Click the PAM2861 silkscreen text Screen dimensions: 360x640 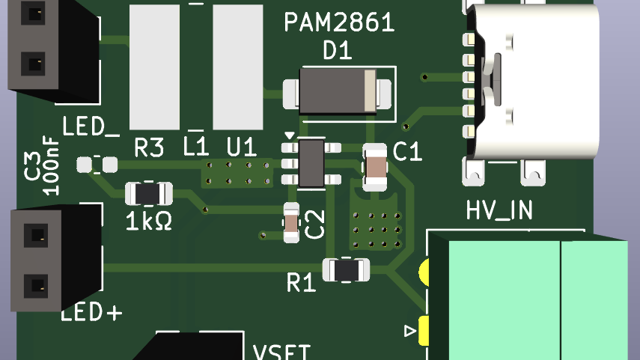coord(339,24)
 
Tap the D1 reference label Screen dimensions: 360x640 coord(338,51)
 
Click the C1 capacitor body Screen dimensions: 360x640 coord(375,167)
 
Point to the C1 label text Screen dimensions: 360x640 coord(408,152)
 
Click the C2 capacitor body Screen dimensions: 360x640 coord(292,222)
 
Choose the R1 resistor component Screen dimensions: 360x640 coord(346,269)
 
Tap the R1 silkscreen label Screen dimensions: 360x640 coord(302,283)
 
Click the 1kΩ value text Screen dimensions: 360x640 coord(149,221)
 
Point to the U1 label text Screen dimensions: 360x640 coord(241,148)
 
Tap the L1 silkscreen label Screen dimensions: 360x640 coord(195,148)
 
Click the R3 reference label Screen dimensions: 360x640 coord(148,148)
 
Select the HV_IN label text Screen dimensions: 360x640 coord(499,211)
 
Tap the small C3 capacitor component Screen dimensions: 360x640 coord(97,164)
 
